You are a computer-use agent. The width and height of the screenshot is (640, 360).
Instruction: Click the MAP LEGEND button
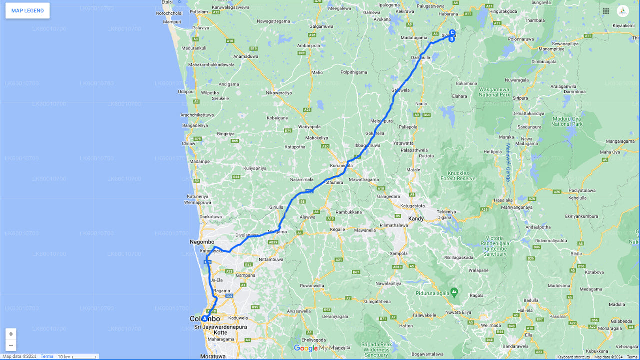coord(27,11)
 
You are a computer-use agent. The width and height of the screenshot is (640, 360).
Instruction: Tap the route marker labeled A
coord(205,318)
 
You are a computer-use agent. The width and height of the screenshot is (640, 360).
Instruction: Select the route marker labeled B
coord(451,39)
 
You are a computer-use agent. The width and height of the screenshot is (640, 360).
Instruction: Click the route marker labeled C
coord(452,33)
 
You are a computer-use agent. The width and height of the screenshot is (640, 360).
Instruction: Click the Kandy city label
coord(416,219)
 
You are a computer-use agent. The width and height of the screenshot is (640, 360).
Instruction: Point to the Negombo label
coord(202,242)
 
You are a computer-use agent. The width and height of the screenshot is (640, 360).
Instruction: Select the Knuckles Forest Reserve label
coord(457,175)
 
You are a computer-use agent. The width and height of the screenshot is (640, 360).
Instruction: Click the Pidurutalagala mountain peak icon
coord(454,291)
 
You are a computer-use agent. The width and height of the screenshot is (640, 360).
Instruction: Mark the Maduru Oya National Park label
coord(567,121)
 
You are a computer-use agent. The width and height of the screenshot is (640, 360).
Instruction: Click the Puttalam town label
coord(199,11)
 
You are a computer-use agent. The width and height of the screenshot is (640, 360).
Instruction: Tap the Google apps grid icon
coord(606,11)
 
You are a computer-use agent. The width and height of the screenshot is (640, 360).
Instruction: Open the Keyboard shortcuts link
coord(573,357)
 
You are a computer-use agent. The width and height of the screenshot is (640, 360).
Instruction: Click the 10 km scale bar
coord(77,357)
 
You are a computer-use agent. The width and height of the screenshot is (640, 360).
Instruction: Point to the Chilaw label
coord(189,143)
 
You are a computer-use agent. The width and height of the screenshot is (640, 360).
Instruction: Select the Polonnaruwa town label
coord(521,39)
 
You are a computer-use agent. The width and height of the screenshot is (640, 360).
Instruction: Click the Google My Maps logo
coord(320,348)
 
